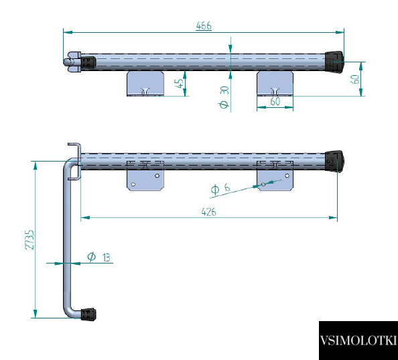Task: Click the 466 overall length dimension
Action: coord(204,26)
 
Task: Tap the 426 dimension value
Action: coord(208,212)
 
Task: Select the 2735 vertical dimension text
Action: coord(29,239)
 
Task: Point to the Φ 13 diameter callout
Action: coord(98,257)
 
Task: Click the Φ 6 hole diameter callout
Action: coord(220,188)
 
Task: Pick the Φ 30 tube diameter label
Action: coord(224,97)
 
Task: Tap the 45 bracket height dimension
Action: coord(180,83)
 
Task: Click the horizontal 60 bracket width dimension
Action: coord(275,101)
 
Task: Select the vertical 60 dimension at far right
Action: coord(355,79)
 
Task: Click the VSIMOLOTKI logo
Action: coord(358,341)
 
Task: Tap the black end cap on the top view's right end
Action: coord(334,62)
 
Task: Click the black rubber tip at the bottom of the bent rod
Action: coord(88,314)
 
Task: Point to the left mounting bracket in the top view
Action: coord(145,84)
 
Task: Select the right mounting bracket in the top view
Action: coord(275,84)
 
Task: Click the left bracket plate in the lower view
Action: coord(145,180)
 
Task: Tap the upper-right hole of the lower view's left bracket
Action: coord(157,176)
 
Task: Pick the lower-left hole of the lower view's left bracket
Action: coord(133,184)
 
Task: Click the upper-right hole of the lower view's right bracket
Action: coord(287,176)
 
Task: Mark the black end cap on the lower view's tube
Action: coord(334,162)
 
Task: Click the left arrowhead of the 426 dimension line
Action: coord(85,218)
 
